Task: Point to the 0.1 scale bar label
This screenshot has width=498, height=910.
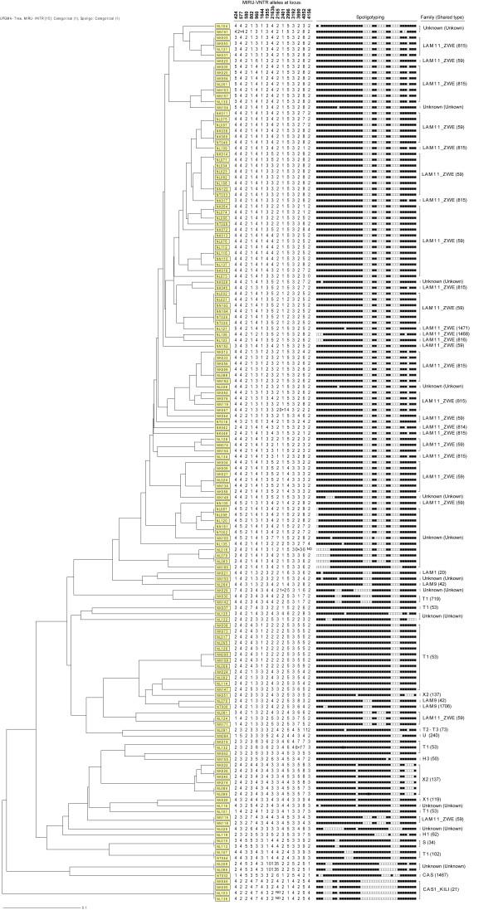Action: coord(83,907)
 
